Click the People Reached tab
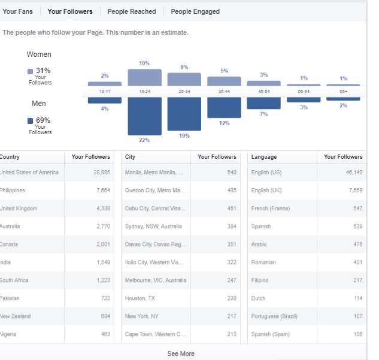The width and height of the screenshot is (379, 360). point(132,11)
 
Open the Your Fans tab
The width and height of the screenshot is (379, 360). point(17,11)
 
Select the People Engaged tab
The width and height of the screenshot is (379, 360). point(195,11)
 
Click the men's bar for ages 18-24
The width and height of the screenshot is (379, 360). point(144,116)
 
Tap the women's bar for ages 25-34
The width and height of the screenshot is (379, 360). point(184,79)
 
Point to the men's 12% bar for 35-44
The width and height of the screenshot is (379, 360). point(224,108)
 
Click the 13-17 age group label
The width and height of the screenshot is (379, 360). point(105,92)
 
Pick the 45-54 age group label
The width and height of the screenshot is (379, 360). point(264,92)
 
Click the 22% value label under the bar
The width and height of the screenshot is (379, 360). point(144,140)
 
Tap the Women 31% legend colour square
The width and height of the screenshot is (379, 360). point(30,71)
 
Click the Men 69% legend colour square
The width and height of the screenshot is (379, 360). point(30,121)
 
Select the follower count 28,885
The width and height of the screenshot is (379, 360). point(102,172)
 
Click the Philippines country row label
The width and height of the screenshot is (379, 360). point(12,190)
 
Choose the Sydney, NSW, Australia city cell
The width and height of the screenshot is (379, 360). point(153,226)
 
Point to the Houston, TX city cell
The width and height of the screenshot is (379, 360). point(140,298)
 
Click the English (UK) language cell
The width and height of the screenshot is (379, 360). point(266,190)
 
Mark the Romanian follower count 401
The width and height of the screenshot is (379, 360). point(357,262)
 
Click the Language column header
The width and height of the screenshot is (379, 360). point(264,157)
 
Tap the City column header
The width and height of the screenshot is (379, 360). point(130,157)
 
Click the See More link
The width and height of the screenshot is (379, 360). point(181,353)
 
